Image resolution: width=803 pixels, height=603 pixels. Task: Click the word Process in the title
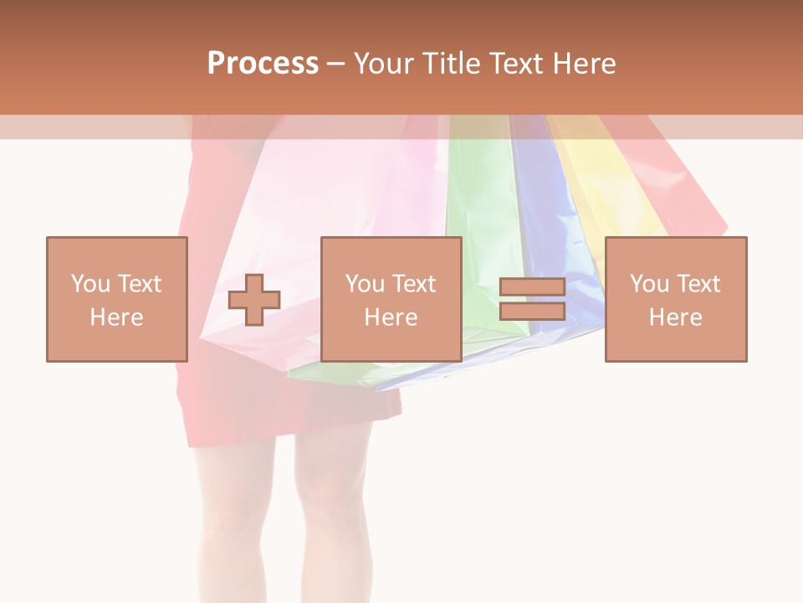[263, 64]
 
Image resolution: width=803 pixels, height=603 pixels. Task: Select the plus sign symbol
[254, 299]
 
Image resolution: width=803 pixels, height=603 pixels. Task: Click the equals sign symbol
[532, 299]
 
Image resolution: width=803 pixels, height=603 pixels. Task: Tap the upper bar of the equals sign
[532, 287]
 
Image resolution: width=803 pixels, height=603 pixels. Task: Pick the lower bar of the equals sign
[532, 311]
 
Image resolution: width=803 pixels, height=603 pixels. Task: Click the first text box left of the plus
[116, 299]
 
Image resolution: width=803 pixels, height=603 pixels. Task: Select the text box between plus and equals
[391, 299]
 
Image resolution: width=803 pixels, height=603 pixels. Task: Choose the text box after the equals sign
[675, 299]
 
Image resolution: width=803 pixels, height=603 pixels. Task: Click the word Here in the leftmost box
[116, 317]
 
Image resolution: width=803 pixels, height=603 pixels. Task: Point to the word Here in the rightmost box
[675, 317]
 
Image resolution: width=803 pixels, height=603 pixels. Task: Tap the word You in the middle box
[365, 284]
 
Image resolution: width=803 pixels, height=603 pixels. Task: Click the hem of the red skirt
[293, 431]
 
